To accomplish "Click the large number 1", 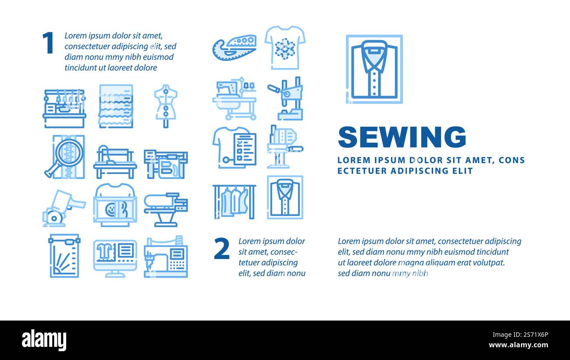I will click(47, 43).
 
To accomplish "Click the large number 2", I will click(222, 249).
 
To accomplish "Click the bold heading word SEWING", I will click(402, 137).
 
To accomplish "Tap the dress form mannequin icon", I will click(165, 105).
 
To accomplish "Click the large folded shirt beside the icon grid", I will click(374, 69).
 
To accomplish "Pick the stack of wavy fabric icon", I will click(115, 106).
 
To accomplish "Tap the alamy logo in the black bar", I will click(44, 340).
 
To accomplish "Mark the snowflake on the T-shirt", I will click(285, 49).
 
